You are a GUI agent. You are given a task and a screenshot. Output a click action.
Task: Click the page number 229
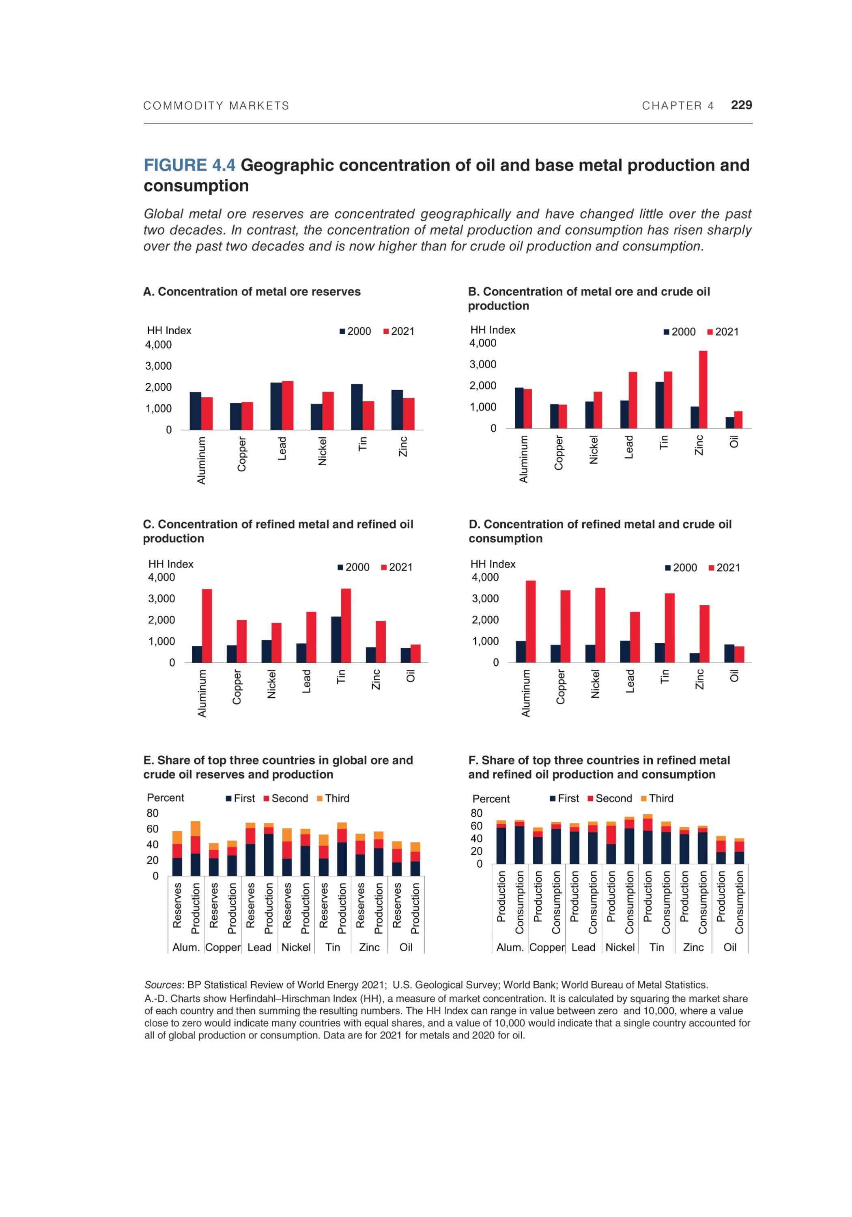[741, 105]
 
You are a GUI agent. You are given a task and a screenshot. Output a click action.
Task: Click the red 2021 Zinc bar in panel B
[703, 389]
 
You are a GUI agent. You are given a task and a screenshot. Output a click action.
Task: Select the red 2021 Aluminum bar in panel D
[530, 621]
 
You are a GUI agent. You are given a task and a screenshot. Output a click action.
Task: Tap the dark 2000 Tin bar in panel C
[336, 639]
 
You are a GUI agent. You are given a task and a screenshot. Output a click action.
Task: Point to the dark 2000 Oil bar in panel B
[729, 422]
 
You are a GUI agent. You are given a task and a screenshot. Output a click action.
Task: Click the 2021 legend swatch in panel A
[386, 332]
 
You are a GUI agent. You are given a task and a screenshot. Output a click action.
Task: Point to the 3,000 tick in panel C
[161, 598]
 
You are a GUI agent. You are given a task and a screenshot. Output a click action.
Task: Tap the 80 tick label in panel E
[152, 813]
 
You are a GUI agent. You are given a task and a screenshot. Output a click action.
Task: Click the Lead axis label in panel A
[282, 448]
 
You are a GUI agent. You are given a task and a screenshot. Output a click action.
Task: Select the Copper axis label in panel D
[560, 687]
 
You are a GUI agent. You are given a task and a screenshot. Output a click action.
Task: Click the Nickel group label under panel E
[296, 947]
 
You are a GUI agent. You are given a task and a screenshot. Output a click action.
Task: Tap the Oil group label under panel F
[729, 947]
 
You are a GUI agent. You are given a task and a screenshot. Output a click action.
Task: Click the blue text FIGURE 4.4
[189, 166]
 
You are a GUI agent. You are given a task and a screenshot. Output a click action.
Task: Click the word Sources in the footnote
[163, 985]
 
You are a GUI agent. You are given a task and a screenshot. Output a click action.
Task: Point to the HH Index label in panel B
[493, 330]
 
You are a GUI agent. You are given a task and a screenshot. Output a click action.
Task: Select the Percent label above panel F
[491, 799]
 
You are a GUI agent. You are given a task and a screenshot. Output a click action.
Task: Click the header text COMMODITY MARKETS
[216, 105]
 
